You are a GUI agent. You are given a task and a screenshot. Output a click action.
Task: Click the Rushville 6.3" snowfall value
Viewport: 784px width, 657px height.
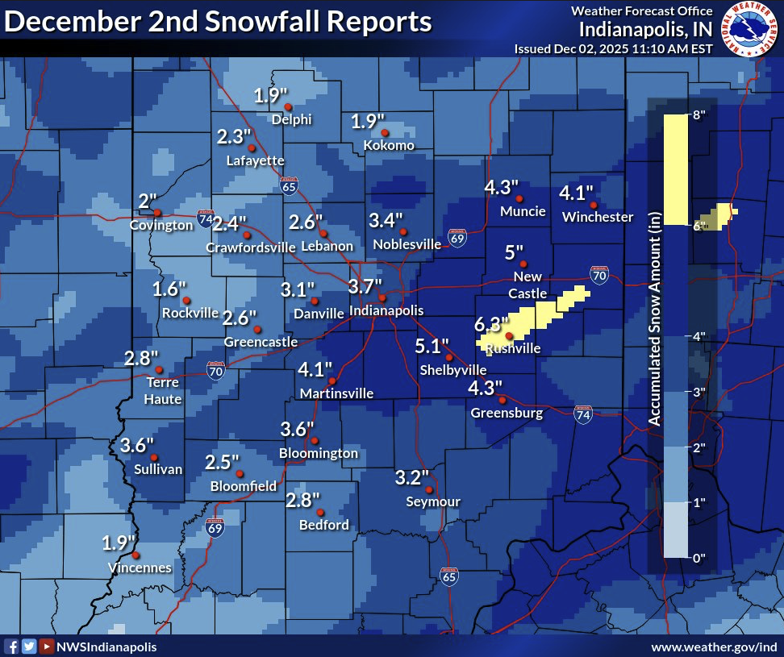tap(491, 324)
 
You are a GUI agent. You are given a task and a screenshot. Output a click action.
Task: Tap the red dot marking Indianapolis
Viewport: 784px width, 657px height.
tap(382, 298)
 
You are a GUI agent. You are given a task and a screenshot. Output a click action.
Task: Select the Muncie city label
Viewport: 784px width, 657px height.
tap(523, 212)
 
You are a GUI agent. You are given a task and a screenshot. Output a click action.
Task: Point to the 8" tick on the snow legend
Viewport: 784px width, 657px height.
tap(694, 115)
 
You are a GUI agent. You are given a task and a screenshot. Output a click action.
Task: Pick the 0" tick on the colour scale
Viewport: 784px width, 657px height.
tap(694, 557)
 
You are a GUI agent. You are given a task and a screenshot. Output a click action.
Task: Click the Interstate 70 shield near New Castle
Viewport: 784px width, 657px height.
tap(598, 276)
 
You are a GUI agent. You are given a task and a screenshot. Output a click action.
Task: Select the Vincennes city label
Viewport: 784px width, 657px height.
tap(140, 568)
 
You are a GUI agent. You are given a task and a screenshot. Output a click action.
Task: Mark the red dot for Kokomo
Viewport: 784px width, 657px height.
tap(385, 133)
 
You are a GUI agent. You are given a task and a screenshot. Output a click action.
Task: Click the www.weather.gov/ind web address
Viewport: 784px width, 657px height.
tap(714, 647)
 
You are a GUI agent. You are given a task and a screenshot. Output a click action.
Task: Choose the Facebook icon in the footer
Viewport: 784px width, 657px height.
tap(12, 647)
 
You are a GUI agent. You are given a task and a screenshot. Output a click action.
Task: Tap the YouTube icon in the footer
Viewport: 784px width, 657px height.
tap(46, 647)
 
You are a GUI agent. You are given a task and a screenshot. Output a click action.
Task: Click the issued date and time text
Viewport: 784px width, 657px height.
tap(613, 48)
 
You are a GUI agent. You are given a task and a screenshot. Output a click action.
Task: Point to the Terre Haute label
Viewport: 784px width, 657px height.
tap(164, 390)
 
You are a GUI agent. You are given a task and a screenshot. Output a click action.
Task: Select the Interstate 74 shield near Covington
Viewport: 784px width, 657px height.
tap(205, 218)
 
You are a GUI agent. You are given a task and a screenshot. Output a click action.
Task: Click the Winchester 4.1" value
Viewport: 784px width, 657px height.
tap(577, 193)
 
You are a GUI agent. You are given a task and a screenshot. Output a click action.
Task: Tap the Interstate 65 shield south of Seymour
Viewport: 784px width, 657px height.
tap(449, 576)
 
